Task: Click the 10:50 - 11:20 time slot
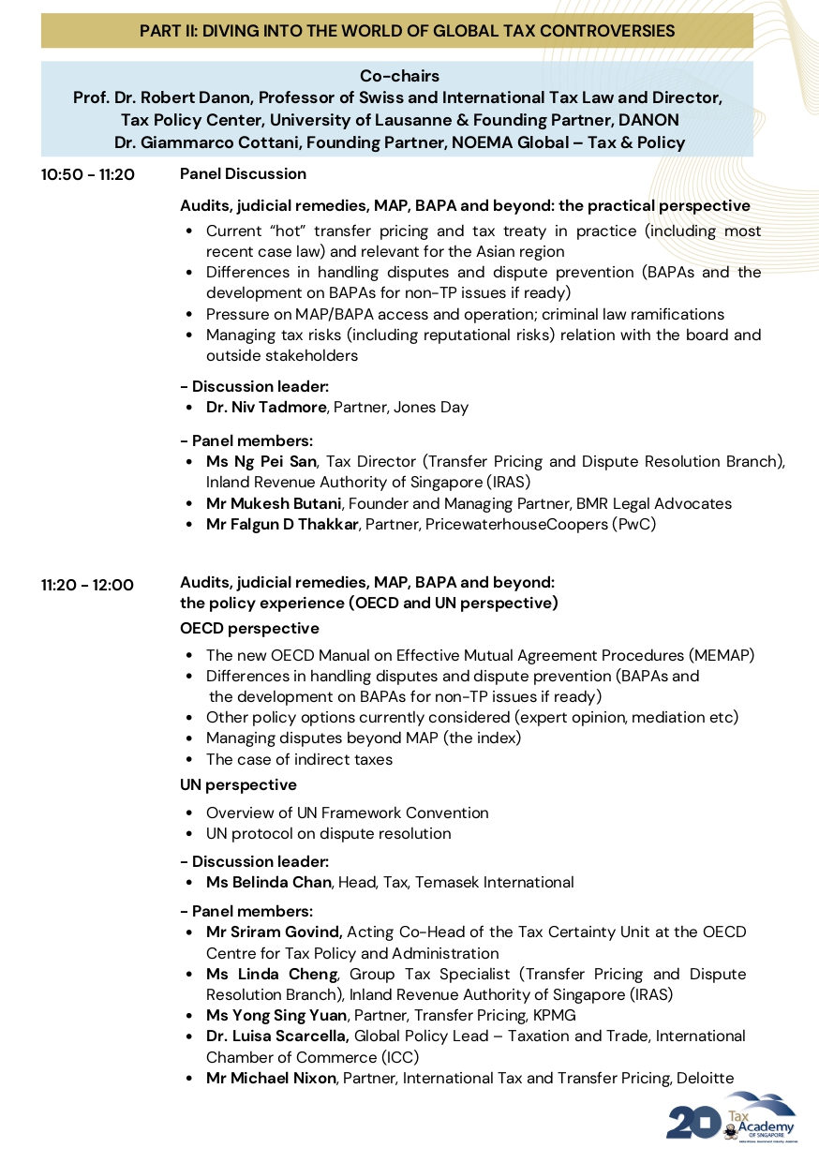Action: click(88, 174)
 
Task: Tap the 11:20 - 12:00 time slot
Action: click(87, 585)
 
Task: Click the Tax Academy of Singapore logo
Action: click(732, 1116)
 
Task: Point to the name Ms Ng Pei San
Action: click(261, 462)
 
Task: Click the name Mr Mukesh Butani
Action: click(274, 504)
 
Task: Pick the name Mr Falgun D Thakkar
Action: click(282, 525)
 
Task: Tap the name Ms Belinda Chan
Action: click(269, 883)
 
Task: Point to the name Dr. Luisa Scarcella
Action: click(278, 1036)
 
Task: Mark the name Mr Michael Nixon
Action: click(271, 1079)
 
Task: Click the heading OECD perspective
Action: click(249, 629)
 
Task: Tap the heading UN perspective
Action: click(238, 785)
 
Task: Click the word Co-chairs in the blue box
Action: click(399, 76)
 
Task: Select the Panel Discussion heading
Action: click(243, 174)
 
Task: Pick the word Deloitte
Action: click(704, 1079)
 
